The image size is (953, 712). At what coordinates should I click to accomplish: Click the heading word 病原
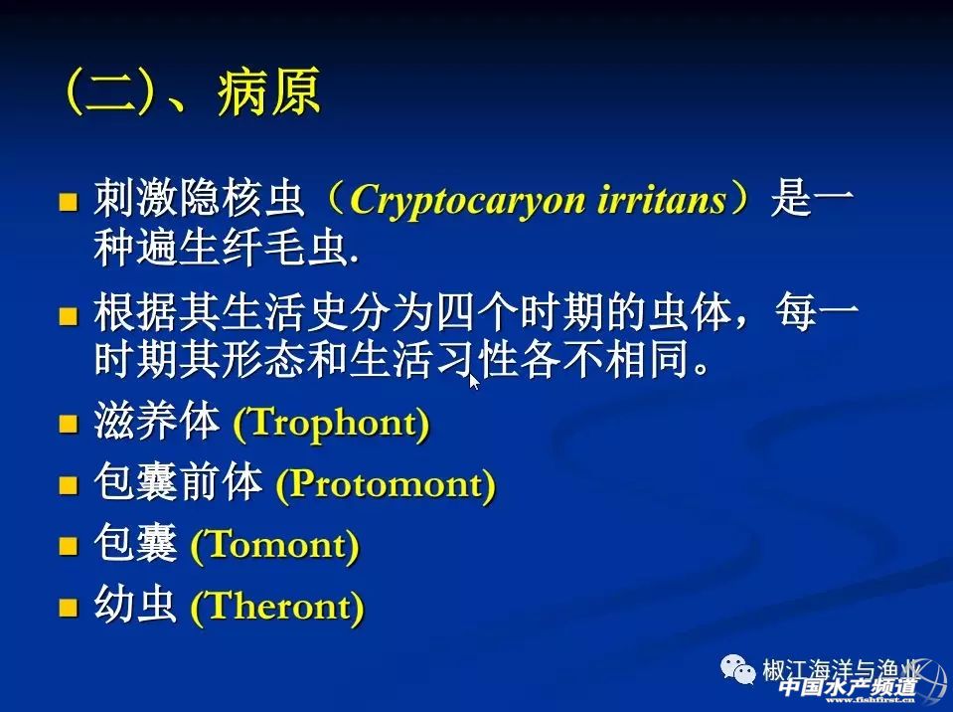(269, 92)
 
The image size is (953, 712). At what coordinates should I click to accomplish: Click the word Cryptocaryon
(467, 200)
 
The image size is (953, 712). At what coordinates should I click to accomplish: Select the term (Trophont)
(331, 423)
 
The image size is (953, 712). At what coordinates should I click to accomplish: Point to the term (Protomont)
(386, 485)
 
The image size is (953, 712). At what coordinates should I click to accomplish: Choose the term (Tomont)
(274, 545)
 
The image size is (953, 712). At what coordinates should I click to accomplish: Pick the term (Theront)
(277, 607)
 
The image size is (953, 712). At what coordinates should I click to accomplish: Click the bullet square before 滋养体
(68, 424)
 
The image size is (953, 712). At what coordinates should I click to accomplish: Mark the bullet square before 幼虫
(68, 607)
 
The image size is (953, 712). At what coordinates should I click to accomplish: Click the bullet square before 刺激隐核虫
(68, 201)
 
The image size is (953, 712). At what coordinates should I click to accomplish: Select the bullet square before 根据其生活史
(68, 315)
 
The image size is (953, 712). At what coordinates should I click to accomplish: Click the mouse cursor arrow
(474, 382)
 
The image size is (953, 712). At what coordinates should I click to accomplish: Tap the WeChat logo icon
(737, 669)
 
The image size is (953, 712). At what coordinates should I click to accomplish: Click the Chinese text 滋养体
(157, 421)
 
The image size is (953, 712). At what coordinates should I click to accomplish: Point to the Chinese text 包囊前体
(178, 482)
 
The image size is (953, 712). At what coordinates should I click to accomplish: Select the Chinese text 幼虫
(135, 605)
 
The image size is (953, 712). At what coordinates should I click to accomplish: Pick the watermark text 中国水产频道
(848, 687)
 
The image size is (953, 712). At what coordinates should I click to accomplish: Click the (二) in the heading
(108, 92)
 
